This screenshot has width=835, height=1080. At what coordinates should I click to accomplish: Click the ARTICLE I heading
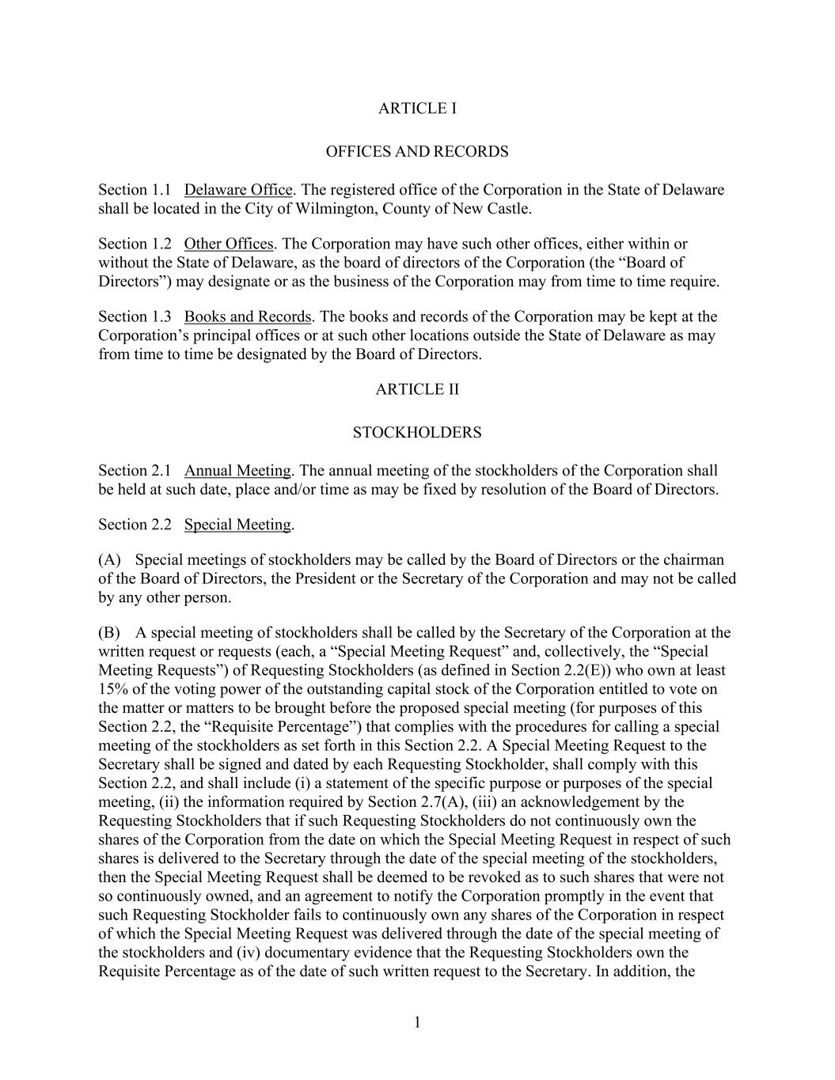pyautogui.click(x=417, y=108)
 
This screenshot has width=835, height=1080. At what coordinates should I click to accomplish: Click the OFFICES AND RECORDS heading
pyautogui.click(x=417, y=152)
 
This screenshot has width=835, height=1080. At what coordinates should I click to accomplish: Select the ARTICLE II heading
pyautogui.click(x=417, y=389)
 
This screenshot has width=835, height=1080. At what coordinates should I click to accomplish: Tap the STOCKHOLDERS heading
pyautogui.click(x=417, y=433)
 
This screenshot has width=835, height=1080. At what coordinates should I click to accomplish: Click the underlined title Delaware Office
pyautogui.click(x=238, y=190)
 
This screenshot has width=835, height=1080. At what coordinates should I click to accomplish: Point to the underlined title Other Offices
pyautogui.click(x=229, y=244)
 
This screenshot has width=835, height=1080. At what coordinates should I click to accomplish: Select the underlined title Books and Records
pyautogui.click(x=248, y=316)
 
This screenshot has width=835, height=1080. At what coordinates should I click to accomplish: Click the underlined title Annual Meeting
pyautogui.click(x=237, y=471)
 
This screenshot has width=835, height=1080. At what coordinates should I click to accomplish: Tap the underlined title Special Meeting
pyautogui.click(x=237, y=525)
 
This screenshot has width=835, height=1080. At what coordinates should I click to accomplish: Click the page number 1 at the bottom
pyautogui.click(x=417, y=1023)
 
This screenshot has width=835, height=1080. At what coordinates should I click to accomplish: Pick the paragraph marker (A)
pyautogui.click(x=109, y=560)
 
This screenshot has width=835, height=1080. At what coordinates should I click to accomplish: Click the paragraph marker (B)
pyautogui.click(x=109, y=633)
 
